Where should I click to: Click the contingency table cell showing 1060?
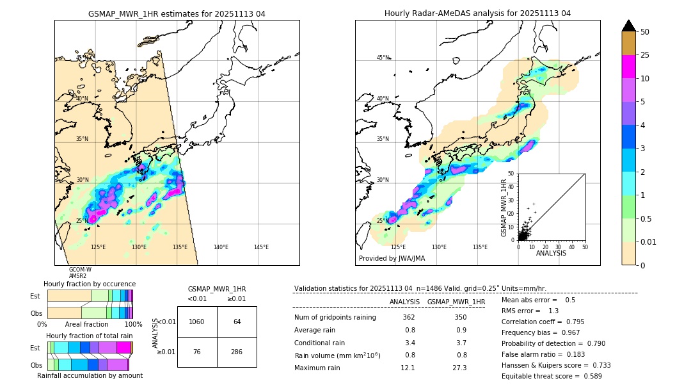[197, 322]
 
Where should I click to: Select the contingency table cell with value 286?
[237, 352]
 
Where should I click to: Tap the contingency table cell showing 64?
[237, 322]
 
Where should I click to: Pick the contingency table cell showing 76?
[197, 352]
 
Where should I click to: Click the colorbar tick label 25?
[646, 55]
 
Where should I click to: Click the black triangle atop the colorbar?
[628, 26]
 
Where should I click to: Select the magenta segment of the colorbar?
[628, 67]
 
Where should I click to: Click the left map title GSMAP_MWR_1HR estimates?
[177, 13]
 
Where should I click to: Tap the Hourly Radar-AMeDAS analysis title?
[477, 13]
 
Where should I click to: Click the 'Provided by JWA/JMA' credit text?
[392, 259]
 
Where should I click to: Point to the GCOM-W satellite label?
[80, 270]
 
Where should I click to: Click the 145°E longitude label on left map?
[261, 247]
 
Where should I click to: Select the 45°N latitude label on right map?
[383, 58]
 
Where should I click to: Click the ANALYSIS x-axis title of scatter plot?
[551, 253]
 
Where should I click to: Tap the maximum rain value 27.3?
[459, 368]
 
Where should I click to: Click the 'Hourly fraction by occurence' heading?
[90, 284]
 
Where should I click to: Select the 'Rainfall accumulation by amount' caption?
[90, 375]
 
